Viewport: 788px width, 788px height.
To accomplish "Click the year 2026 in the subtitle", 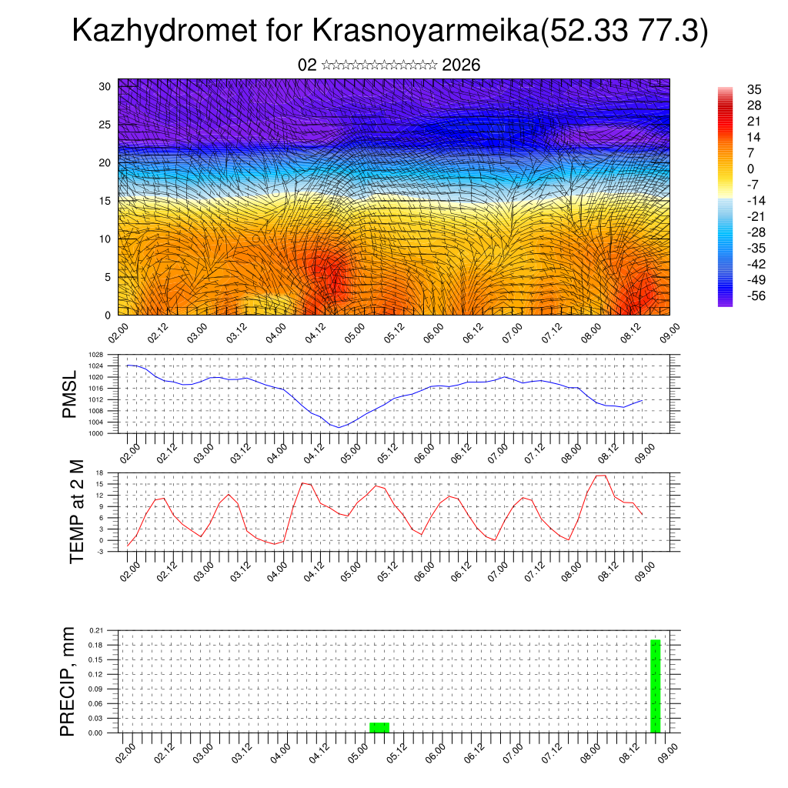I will click(x=462, y=65).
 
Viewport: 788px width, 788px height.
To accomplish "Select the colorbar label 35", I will click(x=754, y=89).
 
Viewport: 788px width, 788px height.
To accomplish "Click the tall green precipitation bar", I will click(x=656, y=686).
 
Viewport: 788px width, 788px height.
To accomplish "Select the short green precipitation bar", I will click(x=379, y=727).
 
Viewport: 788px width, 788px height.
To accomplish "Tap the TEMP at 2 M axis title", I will click(x=76, y=512).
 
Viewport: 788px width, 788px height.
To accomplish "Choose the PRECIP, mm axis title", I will click(x=68, y=681).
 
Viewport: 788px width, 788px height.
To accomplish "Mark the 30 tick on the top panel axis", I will click(x=105, y=86).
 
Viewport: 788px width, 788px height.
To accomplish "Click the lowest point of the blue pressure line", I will click(x=339, y=427).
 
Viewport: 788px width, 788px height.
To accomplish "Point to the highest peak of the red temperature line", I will click(x=602, y=475).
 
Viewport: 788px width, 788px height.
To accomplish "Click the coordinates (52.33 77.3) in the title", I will click(x=625, y=32).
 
